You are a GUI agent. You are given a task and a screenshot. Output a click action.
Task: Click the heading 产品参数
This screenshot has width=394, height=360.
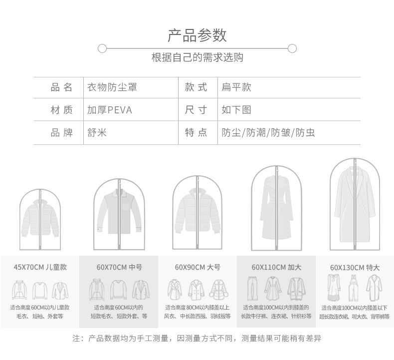tap(197, 35)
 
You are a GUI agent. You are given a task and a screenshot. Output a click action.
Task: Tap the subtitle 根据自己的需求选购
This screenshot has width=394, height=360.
tap(197, 57)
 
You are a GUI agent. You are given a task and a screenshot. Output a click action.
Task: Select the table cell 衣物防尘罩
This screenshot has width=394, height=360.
tap(112, 87)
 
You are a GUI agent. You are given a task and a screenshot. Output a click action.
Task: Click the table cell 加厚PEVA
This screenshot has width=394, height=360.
tap(110, 110)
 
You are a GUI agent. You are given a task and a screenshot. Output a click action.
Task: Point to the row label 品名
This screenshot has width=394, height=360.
tap(62, 87)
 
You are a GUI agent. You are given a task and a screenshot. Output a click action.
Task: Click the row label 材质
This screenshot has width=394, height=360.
tap(62, 110)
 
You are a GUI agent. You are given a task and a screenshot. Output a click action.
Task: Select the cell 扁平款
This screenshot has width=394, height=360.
tap(236, 87)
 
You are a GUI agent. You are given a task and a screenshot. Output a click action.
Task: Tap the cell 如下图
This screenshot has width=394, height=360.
tap(236, 110)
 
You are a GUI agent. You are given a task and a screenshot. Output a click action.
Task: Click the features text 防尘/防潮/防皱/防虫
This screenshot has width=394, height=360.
tap(268, 133)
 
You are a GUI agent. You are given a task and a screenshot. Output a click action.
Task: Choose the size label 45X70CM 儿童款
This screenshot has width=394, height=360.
tap(40, 267)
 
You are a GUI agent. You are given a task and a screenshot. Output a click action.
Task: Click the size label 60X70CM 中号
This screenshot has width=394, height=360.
tap(119, 267)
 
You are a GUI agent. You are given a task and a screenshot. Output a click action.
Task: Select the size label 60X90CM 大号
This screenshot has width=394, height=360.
tap(197, 267)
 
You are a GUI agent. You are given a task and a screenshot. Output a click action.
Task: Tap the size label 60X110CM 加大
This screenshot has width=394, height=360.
tap(276, 267)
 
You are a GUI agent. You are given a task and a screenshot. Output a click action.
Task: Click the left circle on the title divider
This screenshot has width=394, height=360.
tap(102, 48)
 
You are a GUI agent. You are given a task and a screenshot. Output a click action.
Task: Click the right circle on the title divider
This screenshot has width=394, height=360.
tap(292, 48)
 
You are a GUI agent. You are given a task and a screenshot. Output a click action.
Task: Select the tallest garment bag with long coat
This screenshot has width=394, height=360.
tap(355, 205)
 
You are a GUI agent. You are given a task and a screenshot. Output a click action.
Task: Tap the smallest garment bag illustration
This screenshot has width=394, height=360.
tap(40, 220)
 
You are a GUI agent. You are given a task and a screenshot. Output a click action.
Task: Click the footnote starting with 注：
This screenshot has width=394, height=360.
tap(197, 339)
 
